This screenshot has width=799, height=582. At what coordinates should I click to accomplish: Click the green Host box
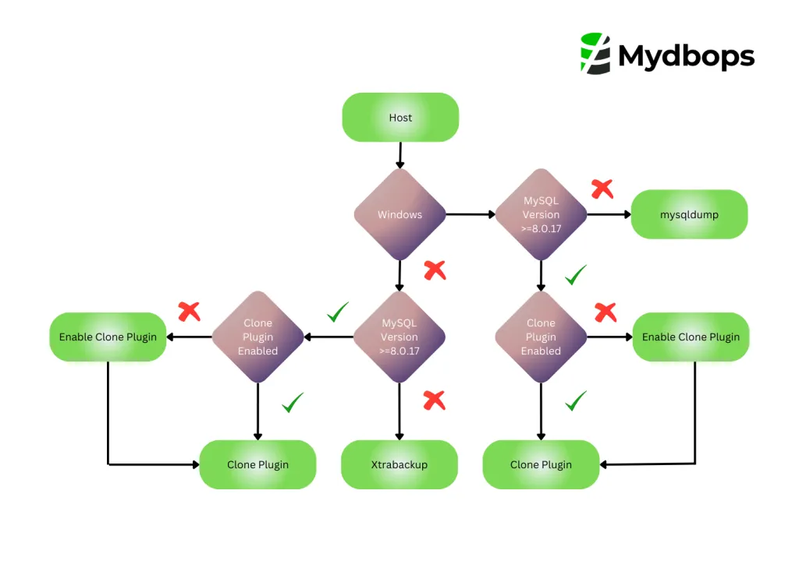tap(400, 118)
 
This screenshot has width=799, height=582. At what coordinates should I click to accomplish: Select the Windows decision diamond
tap(399, 214)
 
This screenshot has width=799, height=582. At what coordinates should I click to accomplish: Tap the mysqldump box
tap(689, 214)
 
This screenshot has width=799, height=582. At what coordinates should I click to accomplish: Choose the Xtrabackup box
tap(399, 464)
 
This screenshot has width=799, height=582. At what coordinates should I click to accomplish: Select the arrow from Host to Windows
tap(400, 154)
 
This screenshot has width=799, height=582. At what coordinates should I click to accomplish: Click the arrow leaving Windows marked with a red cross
tap(399, 274)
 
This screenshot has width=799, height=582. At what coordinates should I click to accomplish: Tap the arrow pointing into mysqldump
tap(609, 214)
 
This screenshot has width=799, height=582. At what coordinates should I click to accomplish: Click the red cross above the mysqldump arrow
tap(602, 189)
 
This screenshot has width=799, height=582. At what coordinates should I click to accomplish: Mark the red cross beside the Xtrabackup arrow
tap(434, 400)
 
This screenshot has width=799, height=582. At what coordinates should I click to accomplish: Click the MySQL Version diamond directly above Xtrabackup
tap(399, 337)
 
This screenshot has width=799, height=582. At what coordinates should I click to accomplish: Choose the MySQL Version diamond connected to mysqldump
tap(541, 214)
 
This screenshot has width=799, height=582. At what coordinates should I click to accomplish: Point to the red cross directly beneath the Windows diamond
tap(435, 270)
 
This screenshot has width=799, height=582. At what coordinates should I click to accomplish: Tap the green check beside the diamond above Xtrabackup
tap(338, 313)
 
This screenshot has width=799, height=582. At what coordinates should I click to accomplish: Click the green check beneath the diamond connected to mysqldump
tap(576, 274)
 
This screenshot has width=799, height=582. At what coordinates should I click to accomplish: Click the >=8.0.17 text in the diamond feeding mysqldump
tap(541, 228)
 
